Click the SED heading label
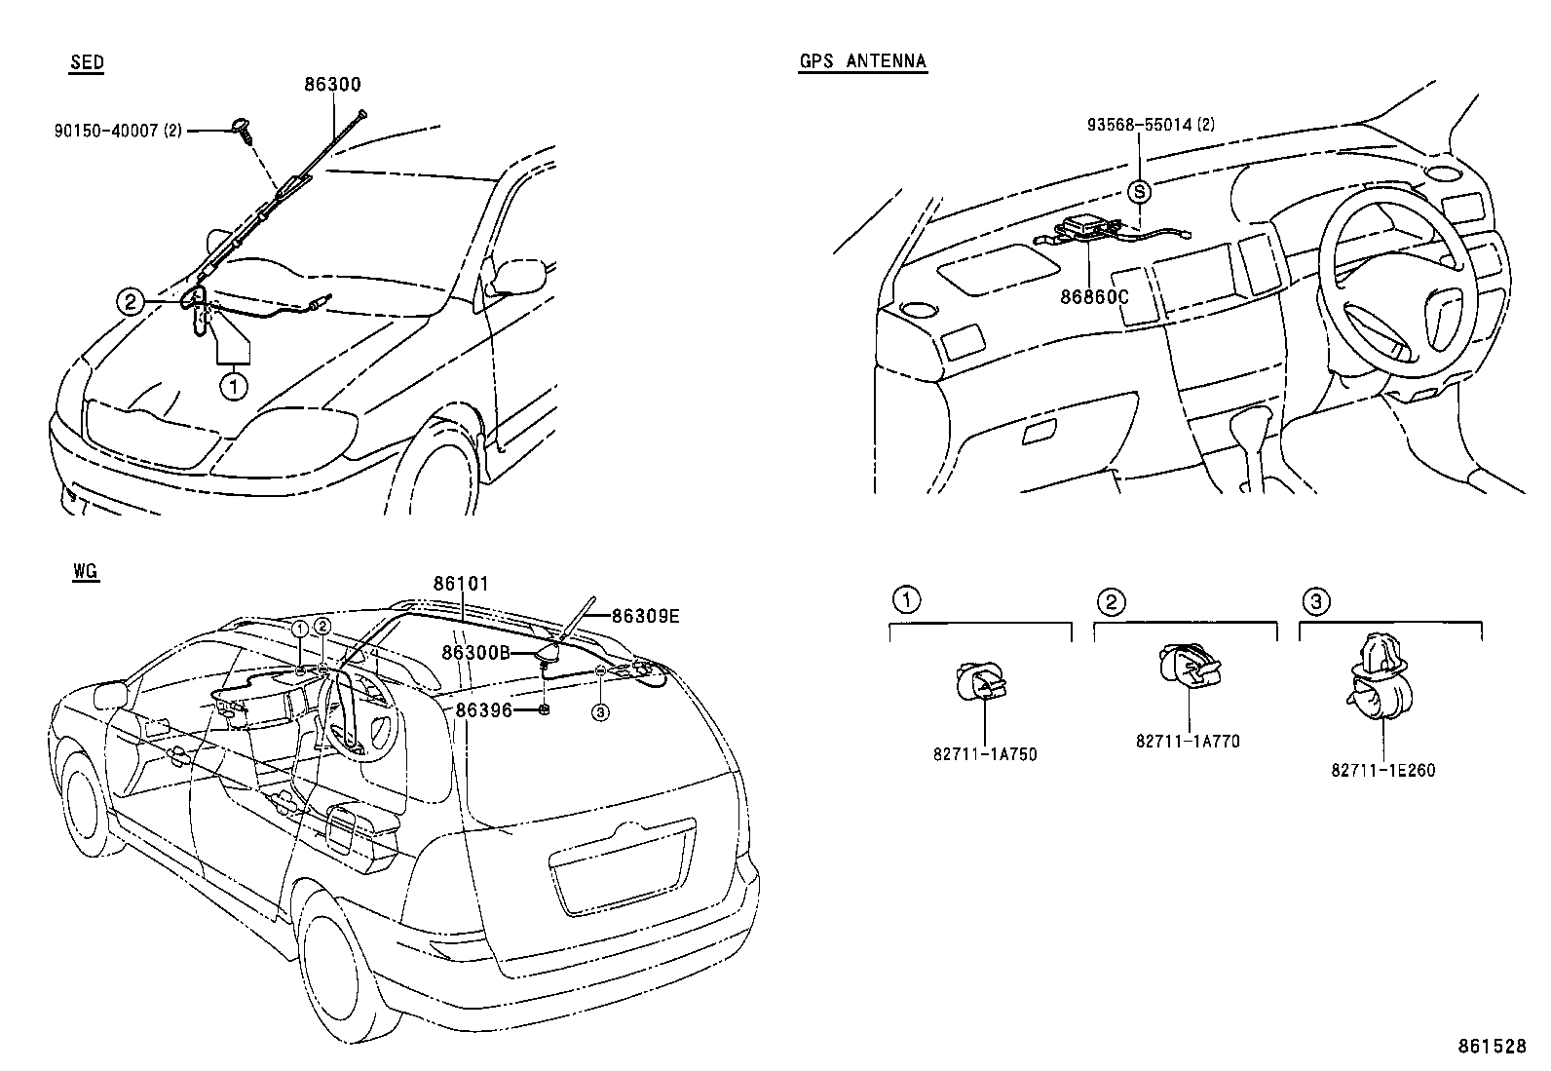pyautogui.click(x=87, y=63)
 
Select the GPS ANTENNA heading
pyautogui.click(x=862, y=61)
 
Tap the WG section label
pyautogui.click(x=85, y=572)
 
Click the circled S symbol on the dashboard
pyautogui.click(x=1139, y=192)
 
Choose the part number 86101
pyautogui.click(x=461, y=584)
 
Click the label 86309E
pyautogui.click(x=645, y=615)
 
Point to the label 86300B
pyautogui.click(x=475, y=652)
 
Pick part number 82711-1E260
pyautogui.click(x=1382, y=770)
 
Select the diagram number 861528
pyautogui.click(x=1491, y=1046)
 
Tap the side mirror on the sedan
pyautogui.click(x=516, y=274)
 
